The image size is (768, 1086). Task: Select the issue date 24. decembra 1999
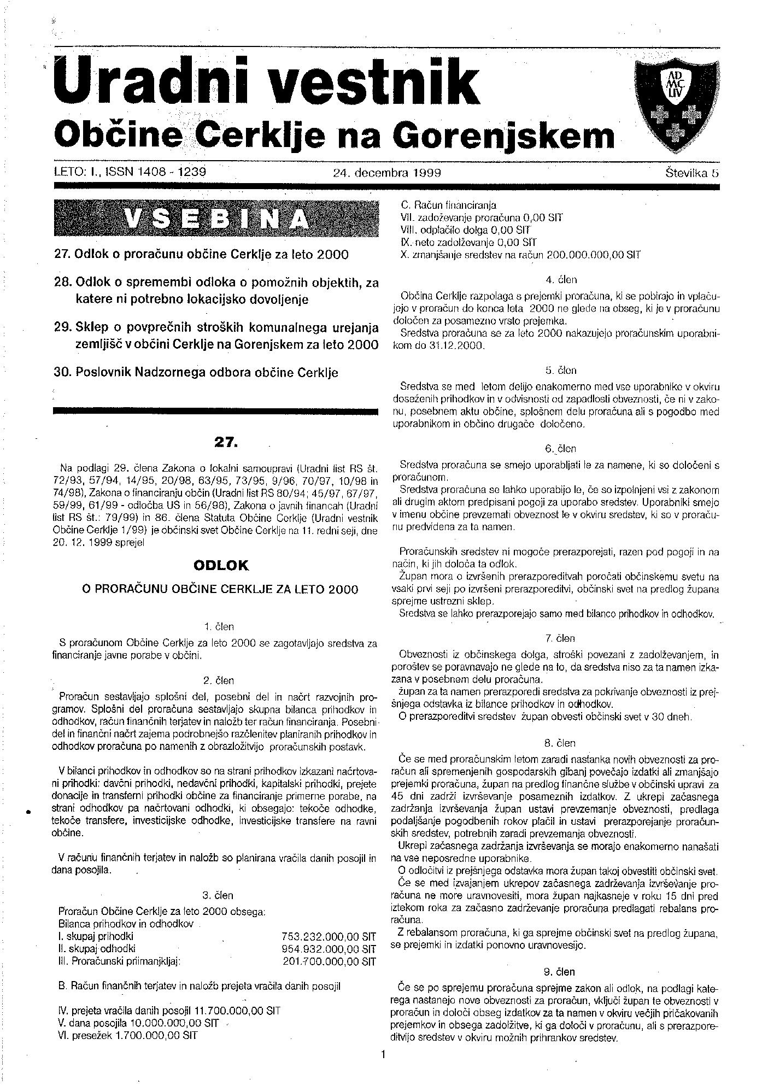click(386, 173)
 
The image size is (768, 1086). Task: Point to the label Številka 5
click(691, 173)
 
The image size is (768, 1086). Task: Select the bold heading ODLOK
click(221, 566)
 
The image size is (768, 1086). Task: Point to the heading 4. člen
click(561, 280)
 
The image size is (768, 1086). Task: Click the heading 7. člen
click(560, 638)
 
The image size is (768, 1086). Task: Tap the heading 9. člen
click(560, 972)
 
